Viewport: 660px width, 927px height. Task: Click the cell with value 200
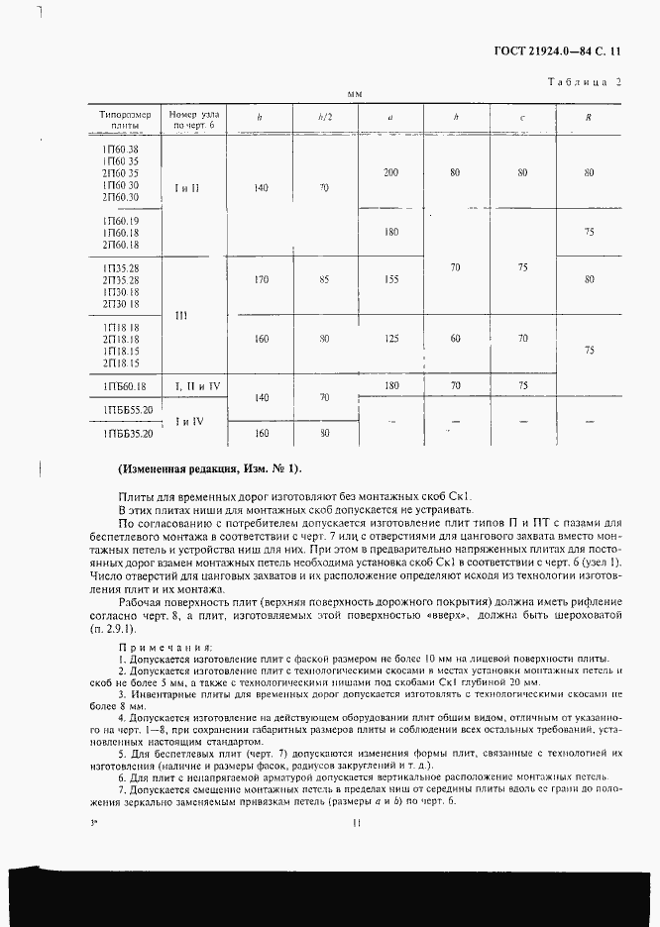[390, 173]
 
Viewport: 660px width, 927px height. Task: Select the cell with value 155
[390, 280]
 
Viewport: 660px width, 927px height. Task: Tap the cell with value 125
[390, 339]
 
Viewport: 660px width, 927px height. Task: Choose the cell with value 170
[262, 280]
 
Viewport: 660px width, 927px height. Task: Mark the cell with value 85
[324, 280]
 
